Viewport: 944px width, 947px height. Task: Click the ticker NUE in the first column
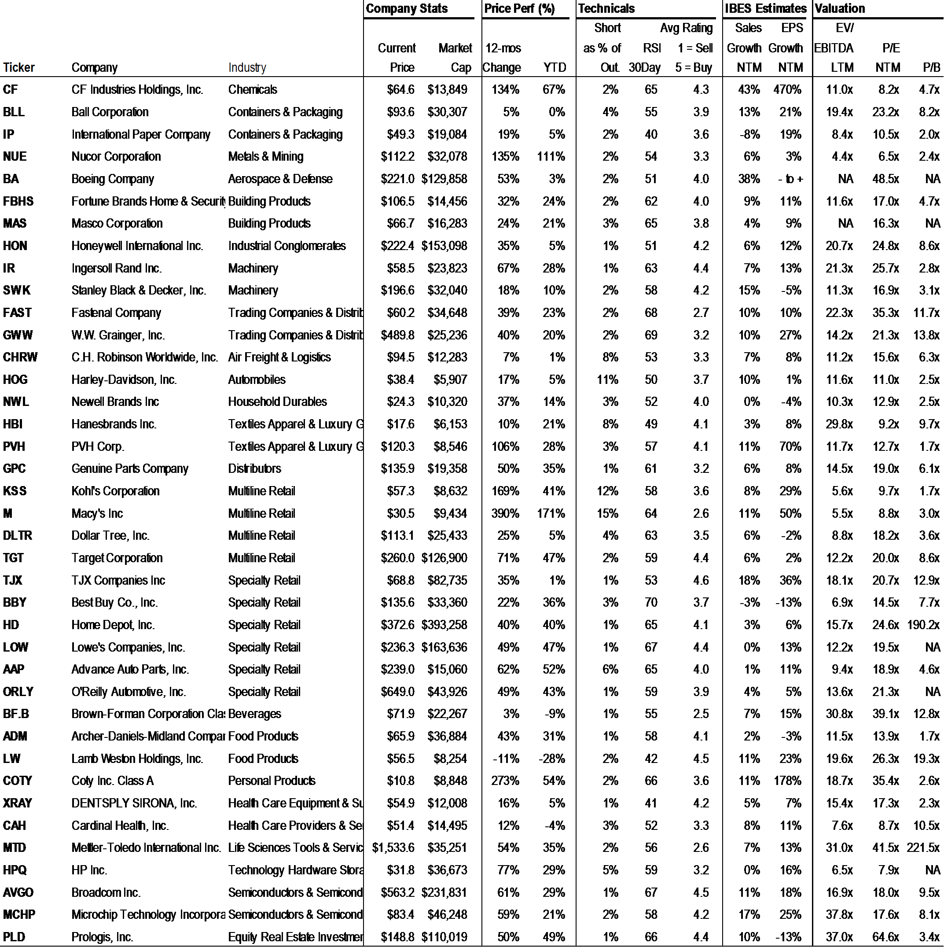(15, 157)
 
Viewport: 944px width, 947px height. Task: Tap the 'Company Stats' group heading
(407, 8)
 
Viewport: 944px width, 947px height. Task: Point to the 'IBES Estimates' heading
(765, 8)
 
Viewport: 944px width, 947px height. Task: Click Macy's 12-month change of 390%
(505, 514)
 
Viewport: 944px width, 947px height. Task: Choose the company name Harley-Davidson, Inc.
(124, 380)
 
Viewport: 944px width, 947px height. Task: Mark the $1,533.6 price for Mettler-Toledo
(393, 848)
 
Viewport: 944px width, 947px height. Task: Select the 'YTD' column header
(555, 68)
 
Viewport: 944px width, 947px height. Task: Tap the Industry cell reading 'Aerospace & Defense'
(280, 179)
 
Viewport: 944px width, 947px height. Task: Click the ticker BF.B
(16, 714)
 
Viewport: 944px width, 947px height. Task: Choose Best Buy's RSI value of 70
(651, 602)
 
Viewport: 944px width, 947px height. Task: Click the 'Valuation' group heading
(840, 8)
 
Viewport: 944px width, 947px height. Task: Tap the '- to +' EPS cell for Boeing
(790, 179)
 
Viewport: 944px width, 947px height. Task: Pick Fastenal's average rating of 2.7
(701, 313)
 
